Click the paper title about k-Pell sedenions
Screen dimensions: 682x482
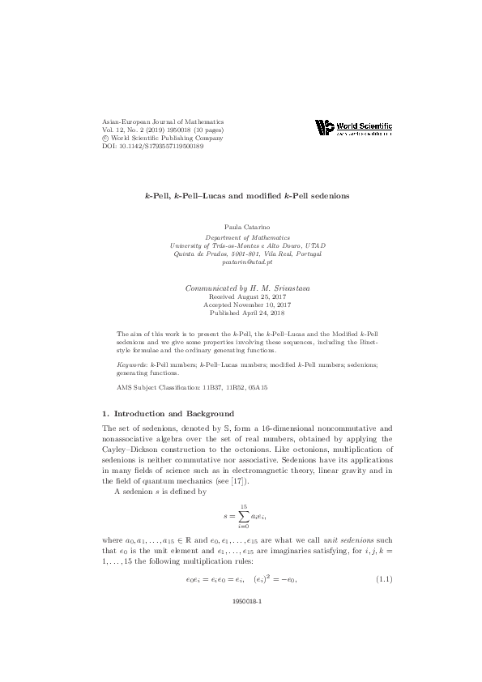[x=241, y=197]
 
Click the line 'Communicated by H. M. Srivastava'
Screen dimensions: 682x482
[x=241, y=288]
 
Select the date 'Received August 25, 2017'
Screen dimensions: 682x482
[x=241, y=296]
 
